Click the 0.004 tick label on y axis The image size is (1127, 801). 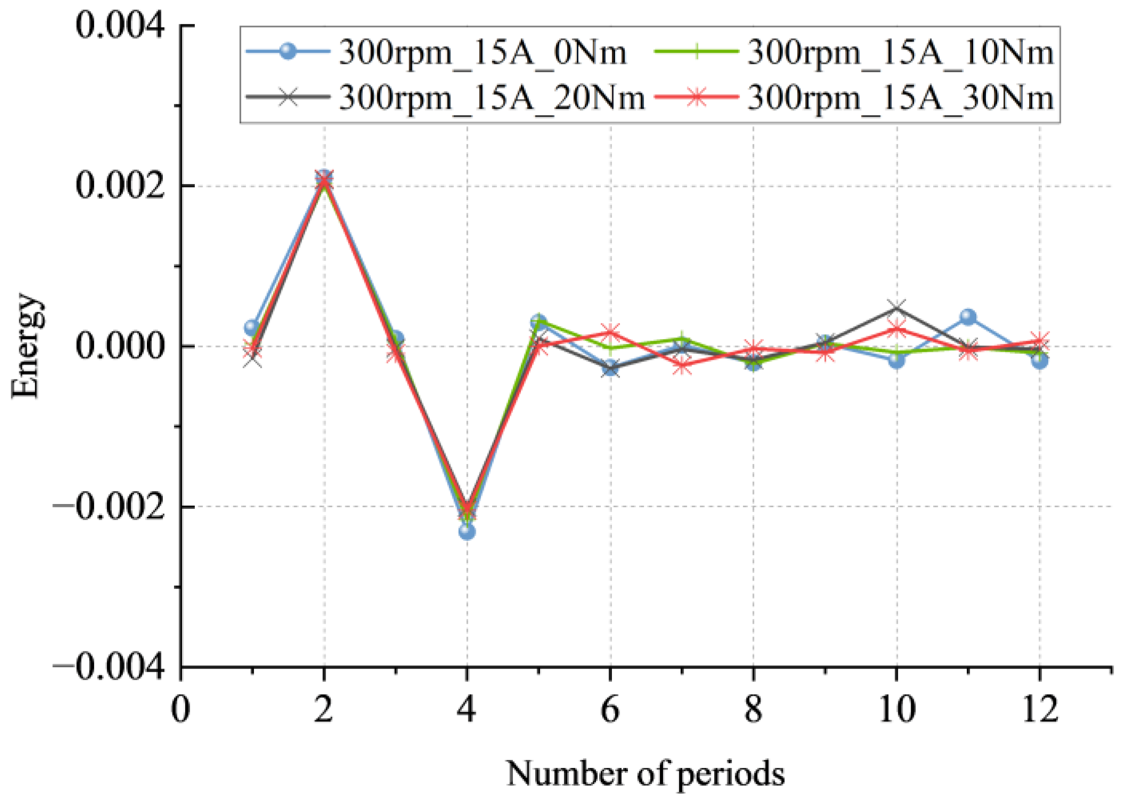tap(120, 26)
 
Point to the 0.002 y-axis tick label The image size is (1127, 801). tap(120, 186)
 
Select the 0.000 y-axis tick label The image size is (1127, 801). tap(120, 346)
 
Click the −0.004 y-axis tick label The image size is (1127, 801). tap(109, 667)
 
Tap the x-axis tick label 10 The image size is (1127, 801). tap(897, 709)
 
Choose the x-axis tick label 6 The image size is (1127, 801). tap(610, 709)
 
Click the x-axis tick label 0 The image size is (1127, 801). tap(181, 709)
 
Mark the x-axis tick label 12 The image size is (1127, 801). tap(1040, 709)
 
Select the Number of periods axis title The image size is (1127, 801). tap(645, 773)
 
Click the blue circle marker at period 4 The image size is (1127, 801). tap(467, 531)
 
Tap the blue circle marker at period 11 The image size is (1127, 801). tap(968, 317)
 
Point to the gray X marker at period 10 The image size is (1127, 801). tap(897, 307)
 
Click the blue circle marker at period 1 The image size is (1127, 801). tap(252, 327)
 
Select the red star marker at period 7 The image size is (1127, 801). tap(682, 366)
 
